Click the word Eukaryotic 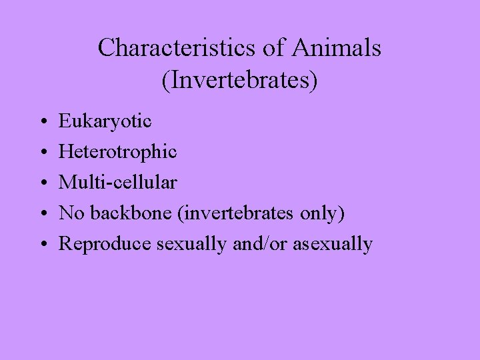point(105,122)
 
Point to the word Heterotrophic point(118,152)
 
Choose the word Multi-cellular point(118,183)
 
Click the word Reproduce point(105,244)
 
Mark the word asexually point(332,245)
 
